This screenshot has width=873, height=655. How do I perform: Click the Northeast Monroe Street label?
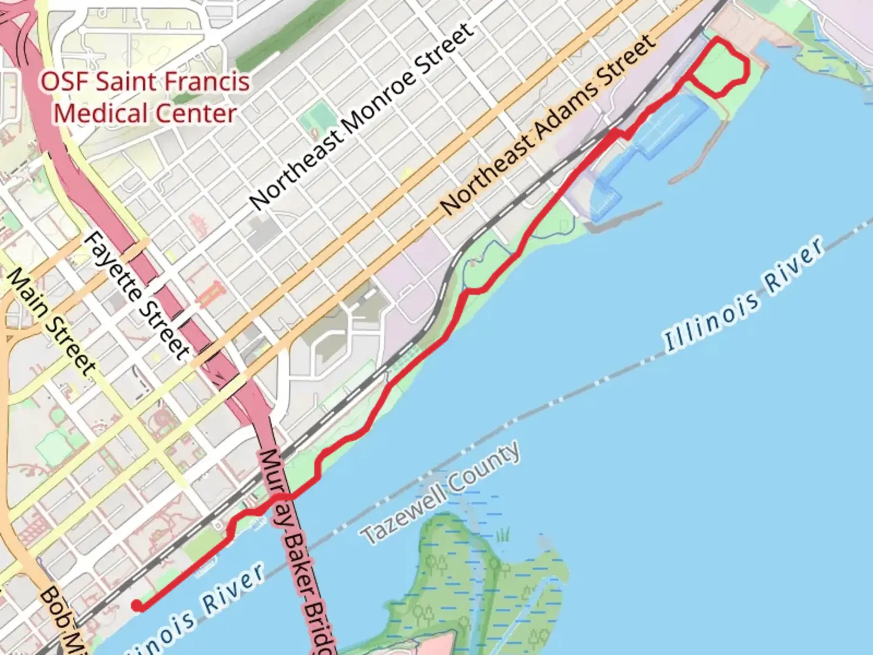click(361, 118)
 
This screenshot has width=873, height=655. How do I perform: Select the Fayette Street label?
click(136, 295)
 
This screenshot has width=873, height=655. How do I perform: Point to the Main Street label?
click(51, 322)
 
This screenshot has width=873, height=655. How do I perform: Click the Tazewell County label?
click(441, 492)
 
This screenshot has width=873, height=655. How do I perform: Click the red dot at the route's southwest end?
click(138, 604)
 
